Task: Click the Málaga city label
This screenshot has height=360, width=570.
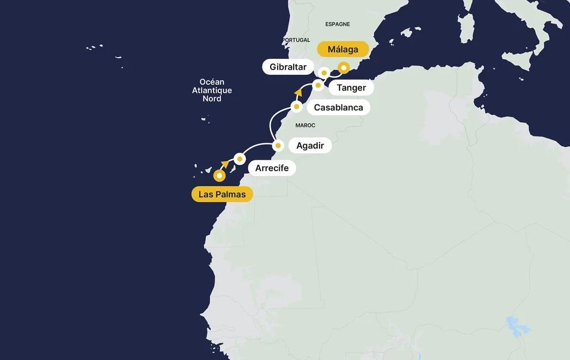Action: tap(343, 50)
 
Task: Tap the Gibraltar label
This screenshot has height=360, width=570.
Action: tap(288, 67)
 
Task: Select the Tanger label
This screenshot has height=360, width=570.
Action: tap(351, 88)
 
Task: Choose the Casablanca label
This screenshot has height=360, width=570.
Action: tap(339, 107)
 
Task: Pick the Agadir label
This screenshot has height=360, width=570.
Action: tap(310, 146)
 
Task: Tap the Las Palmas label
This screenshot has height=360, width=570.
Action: tap(222, 194)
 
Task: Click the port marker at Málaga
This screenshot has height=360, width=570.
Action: tap(344, 67)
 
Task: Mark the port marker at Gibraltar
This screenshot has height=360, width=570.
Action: tap(324, 73)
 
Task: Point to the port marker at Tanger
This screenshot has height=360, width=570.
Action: tap(317, 85)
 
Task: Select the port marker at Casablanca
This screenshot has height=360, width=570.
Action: tap(297, 107)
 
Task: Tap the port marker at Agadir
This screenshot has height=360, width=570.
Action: tap(278, 146)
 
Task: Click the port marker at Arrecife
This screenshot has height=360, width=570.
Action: tap(240, 158)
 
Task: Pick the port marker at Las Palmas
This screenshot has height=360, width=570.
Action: tap(219, 176)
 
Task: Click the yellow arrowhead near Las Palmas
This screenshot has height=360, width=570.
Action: tap(225, 165)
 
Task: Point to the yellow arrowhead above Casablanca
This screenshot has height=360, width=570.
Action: tap(298, 92)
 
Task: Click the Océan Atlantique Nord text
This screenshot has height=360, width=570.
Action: tap(212, 90)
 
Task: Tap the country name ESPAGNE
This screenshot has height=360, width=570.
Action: tap(337, 24)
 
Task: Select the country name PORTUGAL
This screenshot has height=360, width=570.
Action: tap(296, 40)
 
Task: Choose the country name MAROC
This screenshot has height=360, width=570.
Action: tap(305, 125)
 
